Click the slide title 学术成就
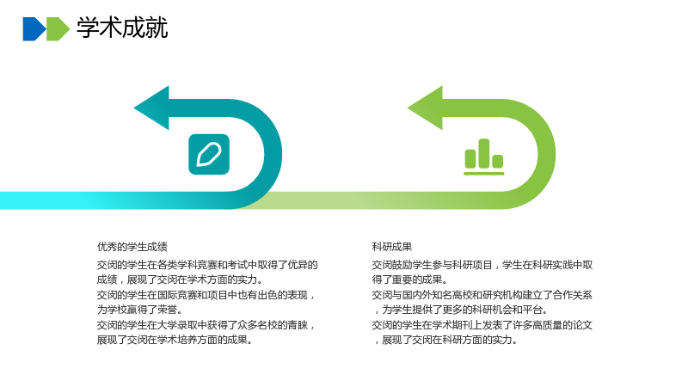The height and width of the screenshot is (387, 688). pos(122,28)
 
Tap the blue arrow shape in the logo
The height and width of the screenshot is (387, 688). pos(34,29)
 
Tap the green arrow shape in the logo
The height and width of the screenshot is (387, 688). pos(58,29)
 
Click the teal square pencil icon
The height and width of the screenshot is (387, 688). pos(209,155)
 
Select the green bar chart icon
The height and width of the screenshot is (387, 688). pos(484,157)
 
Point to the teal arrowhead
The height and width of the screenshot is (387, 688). pos(152,108)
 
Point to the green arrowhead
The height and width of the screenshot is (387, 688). pos(426,108)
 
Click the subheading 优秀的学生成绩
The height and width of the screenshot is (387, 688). pos(132,247)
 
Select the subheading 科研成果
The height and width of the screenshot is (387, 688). pos(392,247)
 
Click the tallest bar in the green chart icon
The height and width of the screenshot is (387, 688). pos(484,153)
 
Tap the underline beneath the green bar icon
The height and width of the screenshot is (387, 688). pos(484,174)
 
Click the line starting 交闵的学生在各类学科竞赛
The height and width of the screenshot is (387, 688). pos(207,265)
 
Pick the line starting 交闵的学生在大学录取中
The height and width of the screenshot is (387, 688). pos(206,325)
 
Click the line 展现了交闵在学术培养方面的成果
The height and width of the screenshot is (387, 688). pos(175,340)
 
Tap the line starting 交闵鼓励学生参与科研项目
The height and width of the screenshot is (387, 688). pos(482,265)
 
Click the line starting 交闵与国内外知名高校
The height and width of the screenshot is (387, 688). pos(482,295)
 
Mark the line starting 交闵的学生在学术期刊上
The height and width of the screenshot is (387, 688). pos(482,325)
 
